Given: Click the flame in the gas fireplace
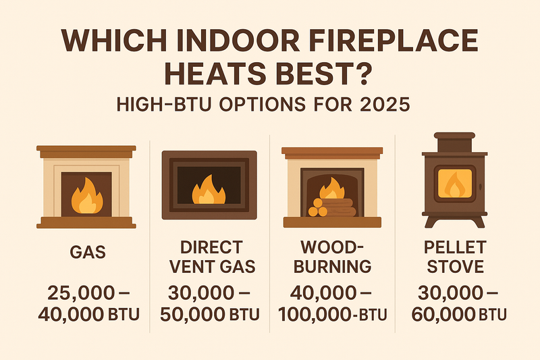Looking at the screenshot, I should (x=86, y=195).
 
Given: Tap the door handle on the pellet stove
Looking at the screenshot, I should (x=480, y=186).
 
